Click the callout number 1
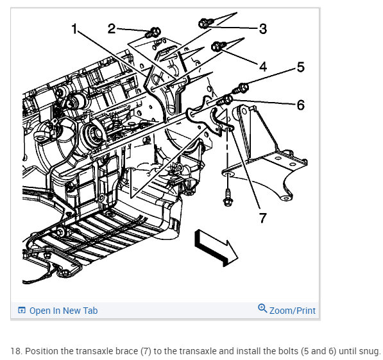(74, 29)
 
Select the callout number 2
(112, 29)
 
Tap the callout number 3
(263, 29)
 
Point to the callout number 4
(263, 67)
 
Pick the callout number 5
(301, 67)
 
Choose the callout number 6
(301, 105)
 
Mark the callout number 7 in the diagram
(262, 218)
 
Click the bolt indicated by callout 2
(153, 33)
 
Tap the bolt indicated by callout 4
(218, 46)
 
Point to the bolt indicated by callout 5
(240, 89)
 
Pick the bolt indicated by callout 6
(225, 100)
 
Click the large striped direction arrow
(216, 248)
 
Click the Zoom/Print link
(292, 311)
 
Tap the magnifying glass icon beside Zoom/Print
(262, 309)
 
